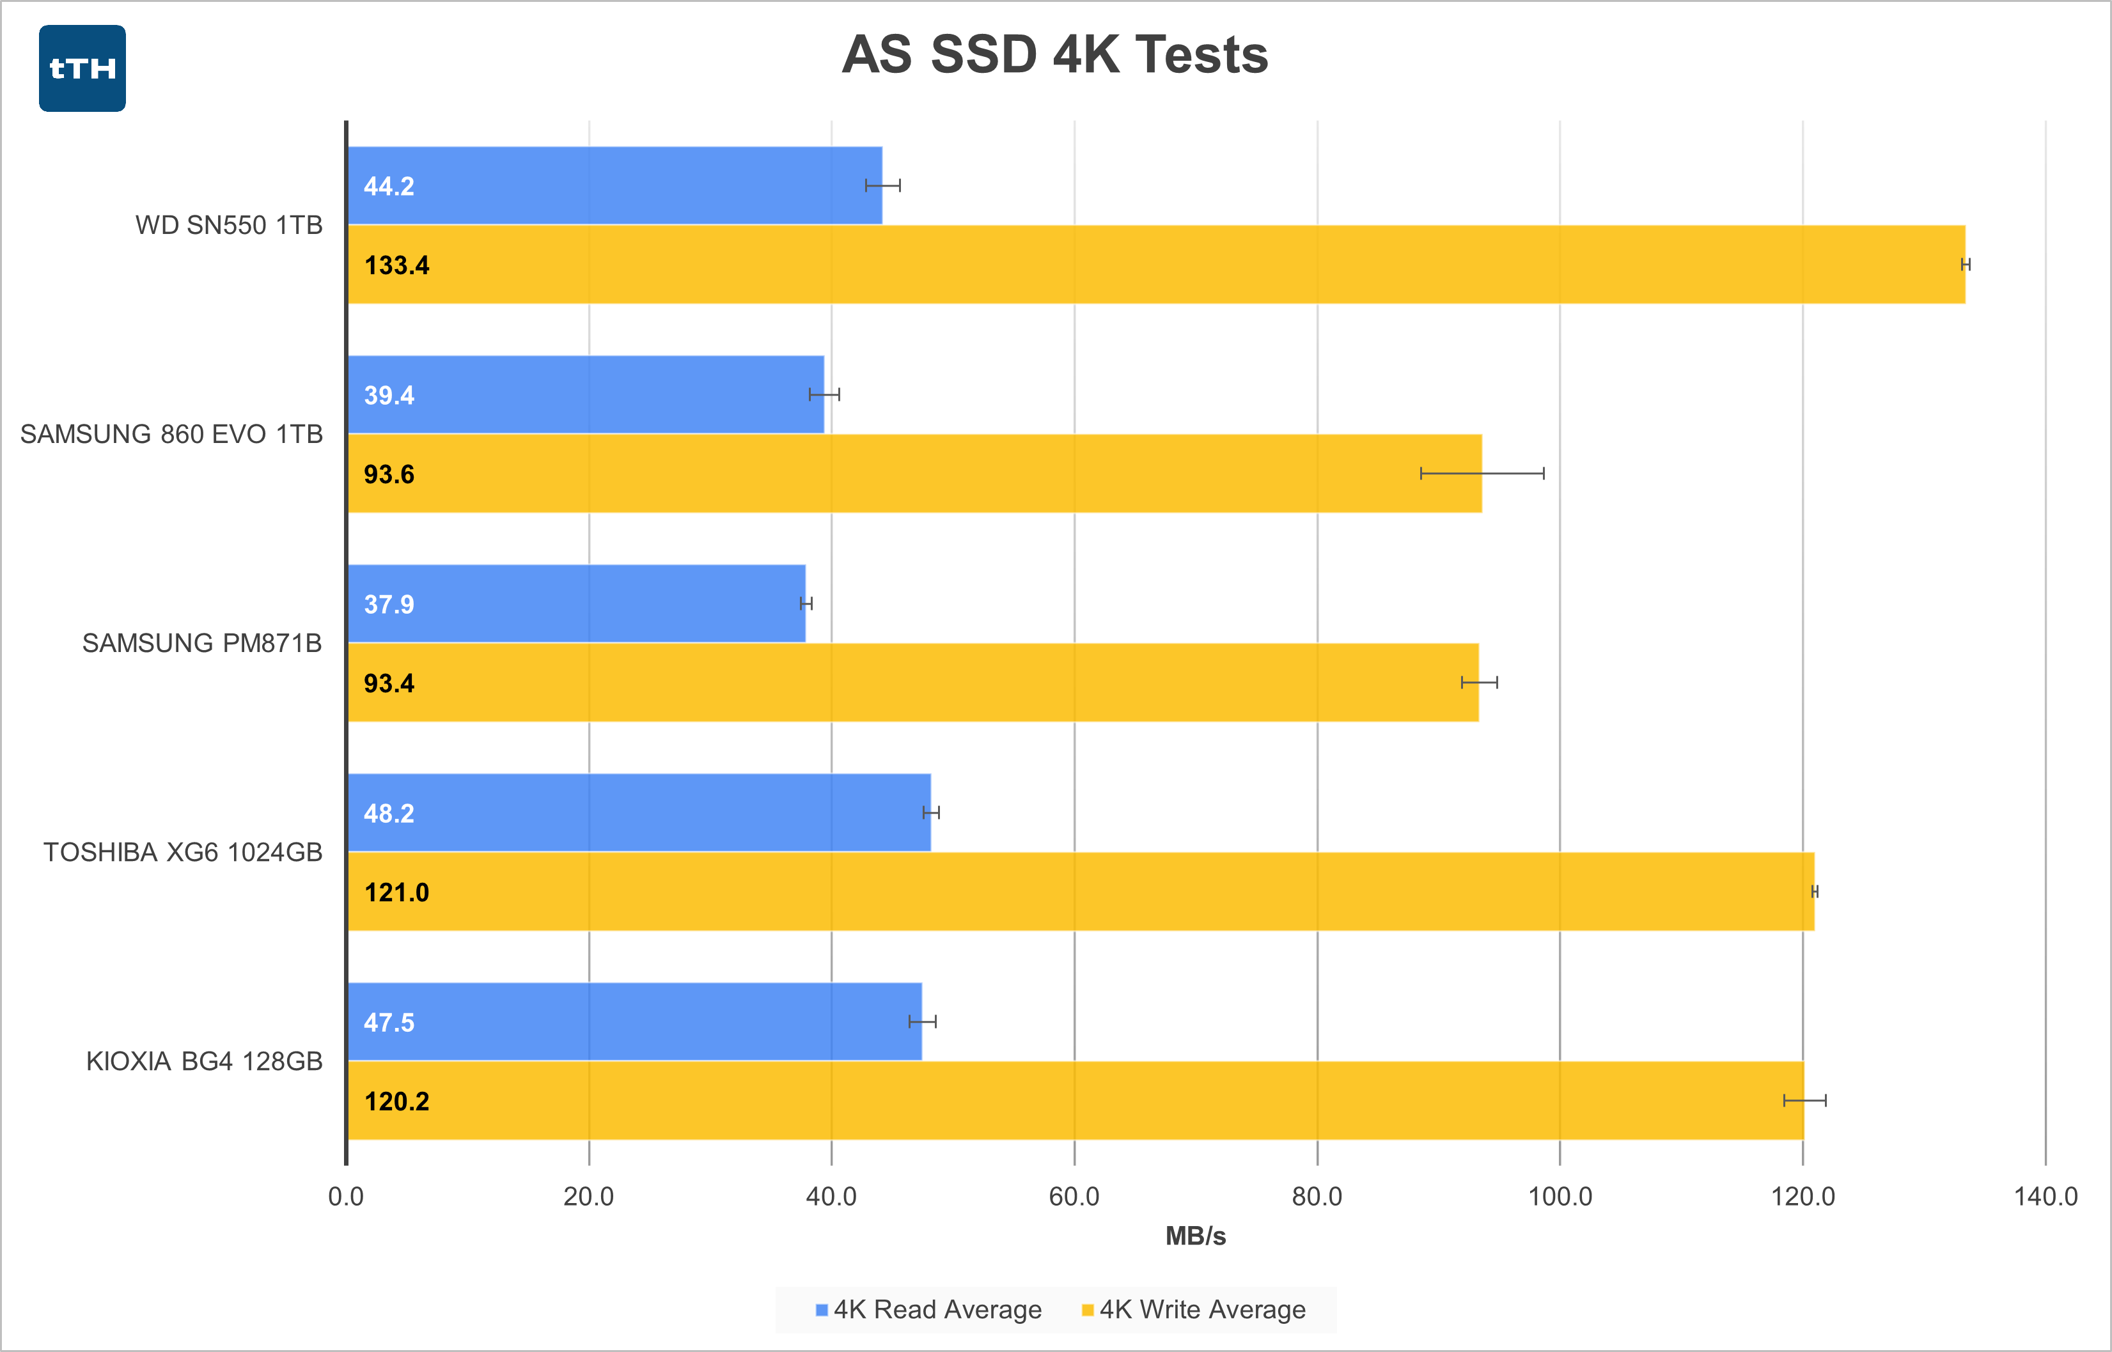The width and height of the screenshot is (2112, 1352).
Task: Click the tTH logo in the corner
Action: coord(82,68)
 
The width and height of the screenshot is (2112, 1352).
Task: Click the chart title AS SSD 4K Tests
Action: coord(1054,54)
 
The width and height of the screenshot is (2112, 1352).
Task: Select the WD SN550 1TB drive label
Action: coord(228,226)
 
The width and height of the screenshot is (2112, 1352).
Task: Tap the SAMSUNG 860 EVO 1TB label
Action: coord(171,435)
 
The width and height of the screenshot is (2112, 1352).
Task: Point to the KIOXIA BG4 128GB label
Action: coord(204,1061)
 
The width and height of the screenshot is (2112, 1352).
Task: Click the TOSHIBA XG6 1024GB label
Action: coord(183,853)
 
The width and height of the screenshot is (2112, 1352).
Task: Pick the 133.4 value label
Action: coord(397,265)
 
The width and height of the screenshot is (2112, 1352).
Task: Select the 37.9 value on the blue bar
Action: coord(389,604)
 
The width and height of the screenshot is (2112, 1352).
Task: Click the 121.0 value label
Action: coord(397,893)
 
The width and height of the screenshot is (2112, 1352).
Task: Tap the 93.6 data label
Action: coord(389,474)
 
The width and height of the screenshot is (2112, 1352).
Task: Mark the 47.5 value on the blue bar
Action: coord(389,1023)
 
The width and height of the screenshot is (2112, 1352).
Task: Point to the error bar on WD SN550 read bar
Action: coord(882,185)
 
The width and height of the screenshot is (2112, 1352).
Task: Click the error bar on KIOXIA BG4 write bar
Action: coord(1804,1101)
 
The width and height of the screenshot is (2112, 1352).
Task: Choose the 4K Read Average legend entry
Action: coord(928,1310)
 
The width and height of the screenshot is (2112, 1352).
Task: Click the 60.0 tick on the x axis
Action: coord(1074,1197)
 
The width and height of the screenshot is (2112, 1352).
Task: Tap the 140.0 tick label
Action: coord(2046,1197)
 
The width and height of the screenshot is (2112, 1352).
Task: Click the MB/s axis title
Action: coord(1195,1236)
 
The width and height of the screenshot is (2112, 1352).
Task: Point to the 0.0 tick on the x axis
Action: coord(346,1197)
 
